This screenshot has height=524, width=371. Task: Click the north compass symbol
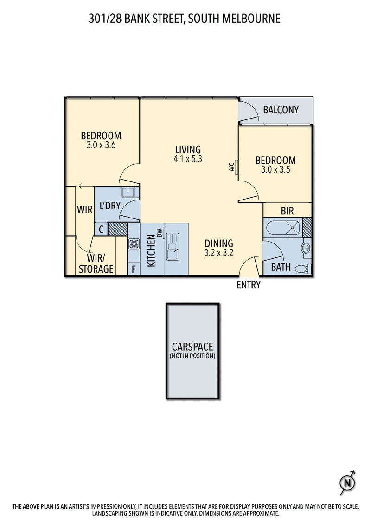(346, 483)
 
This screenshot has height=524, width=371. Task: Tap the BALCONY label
(281, 110)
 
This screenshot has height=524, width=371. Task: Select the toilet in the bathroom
(302, 268)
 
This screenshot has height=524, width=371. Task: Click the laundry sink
(128, 192)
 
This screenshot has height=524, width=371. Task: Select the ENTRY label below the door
(249, 285)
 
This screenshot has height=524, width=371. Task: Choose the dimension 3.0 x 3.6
(101, 145)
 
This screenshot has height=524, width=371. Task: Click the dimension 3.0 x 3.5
(275, 169)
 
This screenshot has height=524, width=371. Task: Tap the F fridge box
(134, 269)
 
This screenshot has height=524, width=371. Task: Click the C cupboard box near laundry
(101, 229)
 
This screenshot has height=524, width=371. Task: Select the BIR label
(287, 211)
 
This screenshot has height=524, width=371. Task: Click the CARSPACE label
(192, 347)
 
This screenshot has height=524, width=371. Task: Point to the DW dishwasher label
(159, 232)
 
